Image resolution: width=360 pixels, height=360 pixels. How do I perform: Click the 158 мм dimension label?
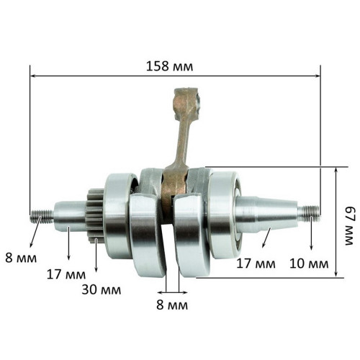169,66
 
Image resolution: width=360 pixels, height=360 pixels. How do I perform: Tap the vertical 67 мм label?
349,226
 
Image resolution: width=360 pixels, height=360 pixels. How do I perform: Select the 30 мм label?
102,289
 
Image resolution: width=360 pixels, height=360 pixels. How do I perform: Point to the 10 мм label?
309,264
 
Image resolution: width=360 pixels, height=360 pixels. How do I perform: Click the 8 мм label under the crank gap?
172,305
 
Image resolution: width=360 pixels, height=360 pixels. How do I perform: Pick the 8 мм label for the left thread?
21,258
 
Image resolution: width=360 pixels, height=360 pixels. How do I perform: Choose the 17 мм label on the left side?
66,274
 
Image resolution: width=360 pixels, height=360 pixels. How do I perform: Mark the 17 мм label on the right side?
256,264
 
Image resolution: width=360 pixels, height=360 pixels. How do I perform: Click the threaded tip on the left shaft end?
42,215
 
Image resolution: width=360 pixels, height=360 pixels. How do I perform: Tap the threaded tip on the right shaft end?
310,213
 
